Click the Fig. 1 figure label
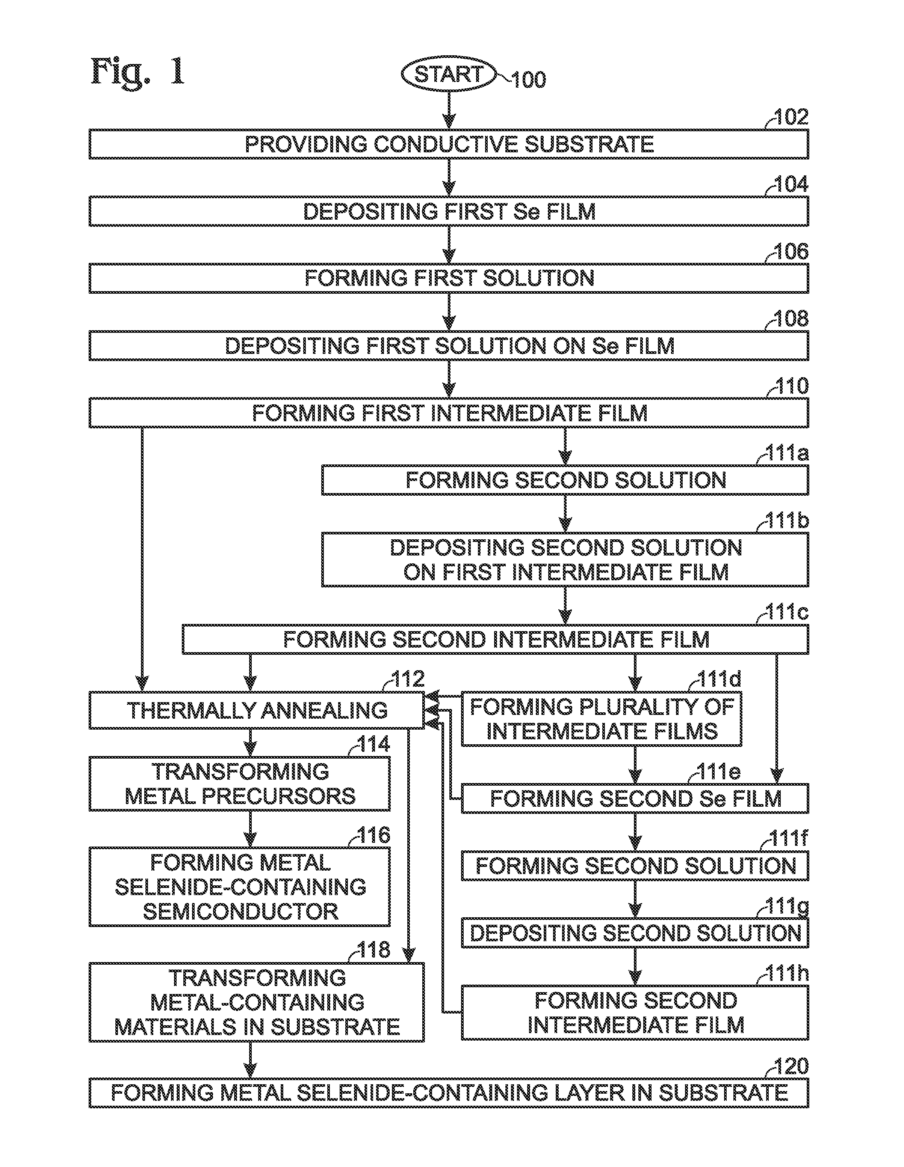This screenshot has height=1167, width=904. [138, 71]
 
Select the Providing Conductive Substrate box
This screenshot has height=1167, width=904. [449, 144]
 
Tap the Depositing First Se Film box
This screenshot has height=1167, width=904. [449, 212]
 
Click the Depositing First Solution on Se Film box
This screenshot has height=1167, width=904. [449, 346]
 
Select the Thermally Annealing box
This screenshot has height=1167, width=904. [256, 710]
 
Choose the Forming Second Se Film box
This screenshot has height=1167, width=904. [635, 798]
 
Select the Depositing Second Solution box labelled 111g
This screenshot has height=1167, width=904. [635, 933]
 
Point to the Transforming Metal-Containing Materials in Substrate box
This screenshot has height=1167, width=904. [256, 1002]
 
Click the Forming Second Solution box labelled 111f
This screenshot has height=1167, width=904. [635, 866]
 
